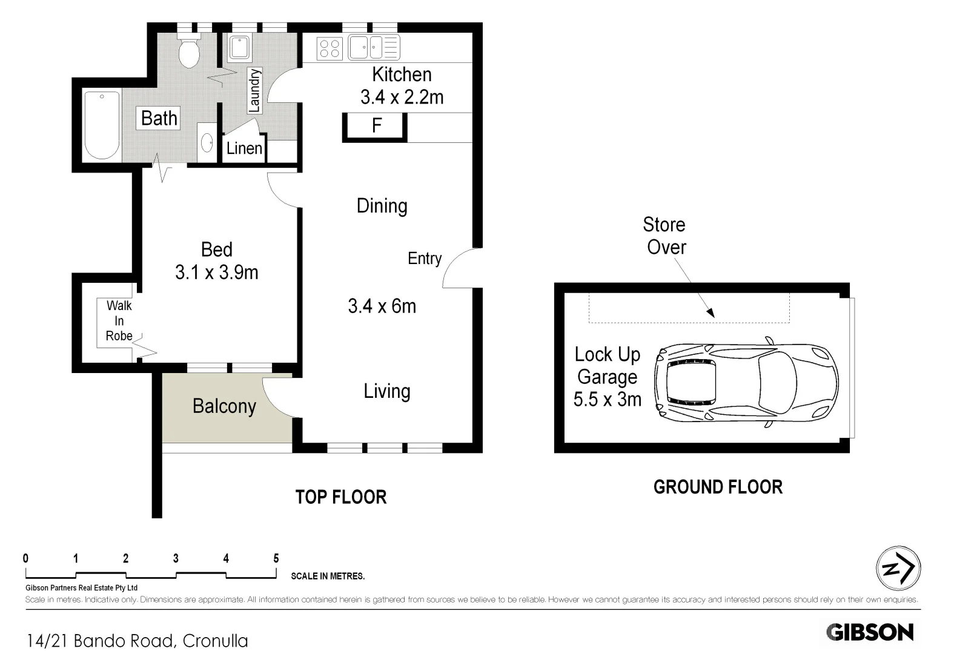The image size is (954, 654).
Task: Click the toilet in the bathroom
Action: (x=190, y=51)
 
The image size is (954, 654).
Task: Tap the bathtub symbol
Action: (x=102, y=124)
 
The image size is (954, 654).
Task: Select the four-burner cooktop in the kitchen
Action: (x=330, y=48)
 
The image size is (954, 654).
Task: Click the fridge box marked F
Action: (x=376, y=127)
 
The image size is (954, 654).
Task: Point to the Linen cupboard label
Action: (x=244, y=148)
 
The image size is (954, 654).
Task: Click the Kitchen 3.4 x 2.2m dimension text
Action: (x=402, y=97)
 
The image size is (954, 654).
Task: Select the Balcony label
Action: (x=224, y=406)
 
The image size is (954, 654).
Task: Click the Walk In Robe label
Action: (x=119, y=321)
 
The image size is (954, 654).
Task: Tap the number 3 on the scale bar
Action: (x=176, y=559)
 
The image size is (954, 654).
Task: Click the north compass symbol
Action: (x=898, y=568)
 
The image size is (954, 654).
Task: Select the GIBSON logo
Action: (x=870, y=632)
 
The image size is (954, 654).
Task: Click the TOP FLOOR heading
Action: (x=341, y=497)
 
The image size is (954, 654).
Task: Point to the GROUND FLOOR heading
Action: (x=718, y=487)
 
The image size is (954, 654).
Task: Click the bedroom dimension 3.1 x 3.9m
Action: (x=216, y=272)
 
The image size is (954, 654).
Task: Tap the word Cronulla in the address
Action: (x=215, y=641)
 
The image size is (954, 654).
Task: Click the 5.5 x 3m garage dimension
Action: (x=607, y=400)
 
